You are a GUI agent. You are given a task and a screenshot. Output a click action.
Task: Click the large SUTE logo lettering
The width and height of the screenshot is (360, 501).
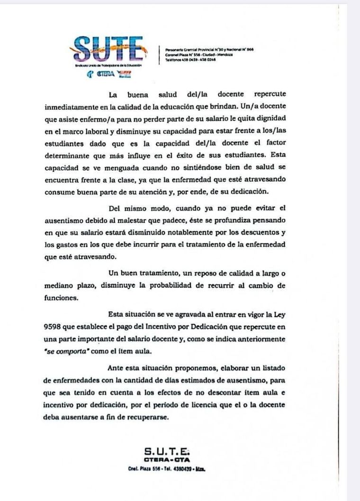[109, 48]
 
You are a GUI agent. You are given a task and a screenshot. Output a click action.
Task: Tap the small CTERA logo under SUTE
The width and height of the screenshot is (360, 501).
[105, 74]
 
